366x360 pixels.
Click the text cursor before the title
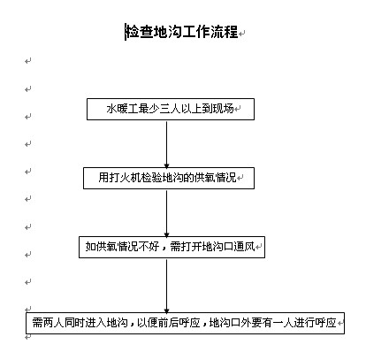[x=126, y=32]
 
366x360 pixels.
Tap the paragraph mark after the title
[x=241, y=34]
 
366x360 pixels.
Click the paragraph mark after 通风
[x=258, y=247]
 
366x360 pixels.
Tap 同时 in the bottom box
[x=74, y=323]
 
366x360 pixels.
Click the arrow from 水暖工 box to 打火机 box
[x=166, y=144]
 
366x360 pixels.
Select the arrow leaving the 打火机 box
[x=166, y=213]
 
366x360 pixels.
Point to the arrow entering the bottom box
[x=166, y=286]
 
